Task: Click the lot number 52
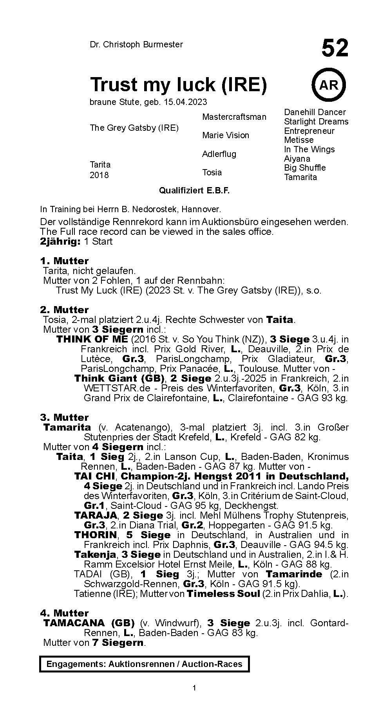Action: point(335,49)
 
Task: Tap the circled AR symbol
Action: point(329,84)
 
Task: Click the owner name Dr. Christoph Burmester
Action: point(136,45)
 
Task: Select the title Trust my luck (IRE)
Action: point(178,84)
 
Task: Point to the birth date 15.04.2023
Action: point(186,102)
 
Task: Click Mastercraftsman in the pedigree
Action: point(234,117)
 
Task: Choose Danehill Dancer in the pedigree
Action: point(315,112)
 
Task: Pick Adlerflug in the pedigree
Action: point(219,154)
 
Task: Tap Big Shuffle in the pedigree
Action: point(305,168)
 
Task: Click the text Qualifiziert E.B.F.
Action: point(194,191)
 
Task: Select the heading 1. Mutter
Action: point(64,261)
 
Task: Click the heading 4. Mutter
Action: point(64,613)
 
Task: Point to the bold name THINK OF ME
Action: point(92,339)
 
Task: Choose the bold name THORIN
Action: point(96,535)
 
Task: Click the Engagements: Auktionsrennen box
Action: point(144,664)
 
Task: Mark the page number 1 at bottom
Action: point(194,699)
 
